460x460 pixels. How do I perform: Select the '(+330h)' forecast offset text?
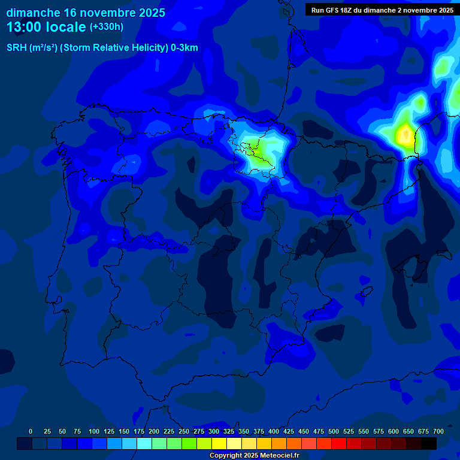tap(106, 27)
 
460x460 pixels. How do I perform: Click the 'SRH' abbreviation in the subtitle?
tap(17, 48)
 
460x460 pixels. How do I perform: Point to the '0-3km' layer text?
tap(184, 48)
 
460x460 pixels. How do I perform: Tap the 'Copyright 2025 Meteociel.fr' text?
tap(254, 455)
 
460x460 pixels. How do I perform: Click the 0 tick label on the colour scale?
tap(31, 431)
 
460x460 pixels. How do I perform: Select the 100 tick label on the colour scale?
tap(94, 431)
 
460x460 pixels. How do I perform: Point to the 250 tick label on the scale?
tap(184, 431)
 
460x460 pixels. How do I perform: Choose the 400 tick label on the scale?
tap(274, 431)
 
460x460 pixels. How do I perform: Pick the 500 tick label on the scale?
tap(334, 431)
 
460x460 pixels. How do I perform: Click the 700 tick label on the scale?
tap(438, 431)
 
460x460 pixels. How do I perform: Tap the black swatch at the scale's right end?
tap(429, 443)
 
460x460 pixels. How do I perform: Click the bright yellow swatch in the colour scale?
tap(219, 443)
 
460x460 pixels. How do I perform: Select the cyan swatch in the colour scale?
tap(144, 443)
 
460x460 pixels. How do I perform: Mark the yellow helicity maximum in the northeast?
tap(406, 135)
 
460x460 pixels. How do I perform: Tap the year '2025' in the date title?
tap(146, 13)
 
